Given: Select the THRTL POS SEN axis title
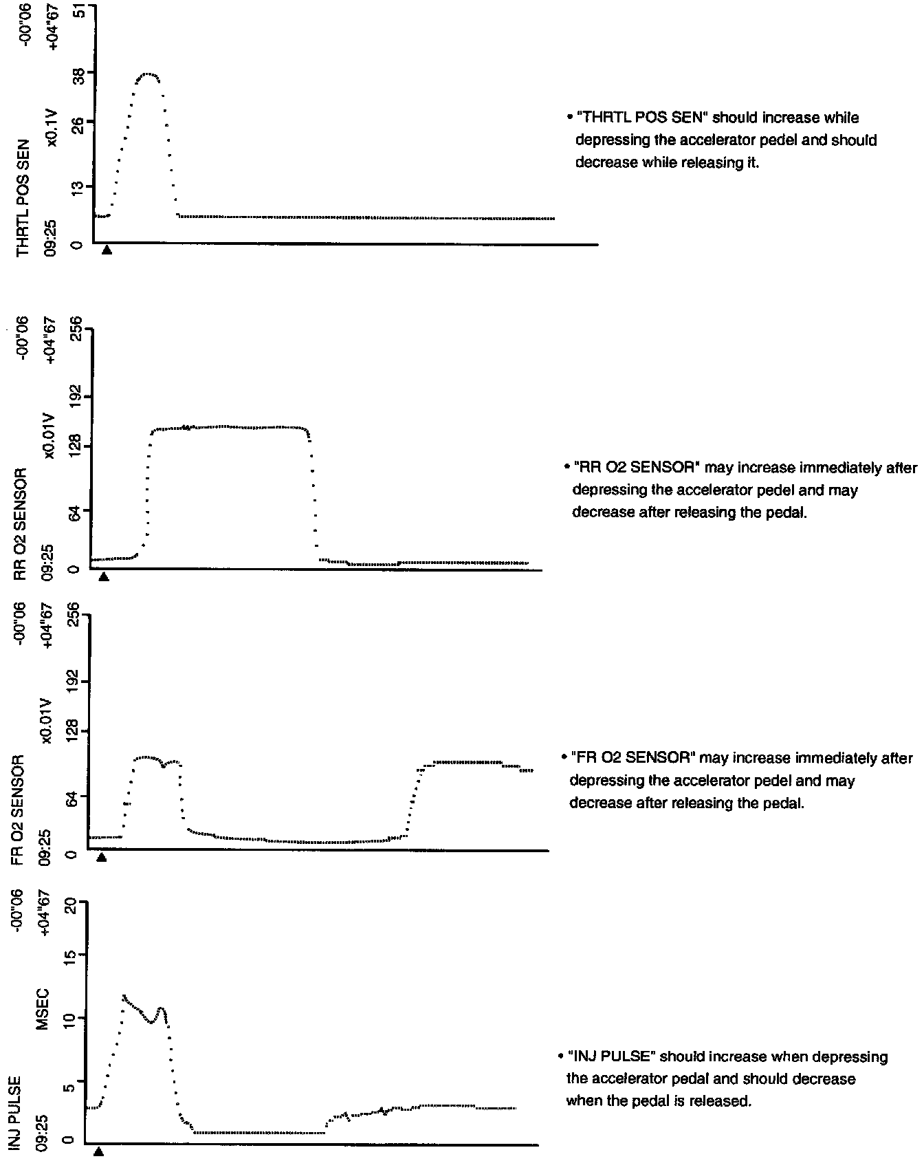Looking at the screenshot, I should tap(23, 198).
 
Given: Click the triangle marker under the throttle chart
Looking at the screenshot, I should tap(107, 250).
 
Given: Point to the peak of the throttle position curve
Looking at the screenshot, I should tap(148, 74).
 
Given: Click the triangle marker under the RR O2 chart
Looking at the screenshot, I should tap(104, 576).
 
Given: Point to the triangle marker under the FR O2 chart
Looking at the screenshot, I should tap(101, 857).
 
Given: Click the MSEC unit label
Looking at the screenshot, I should tap(43, 1008).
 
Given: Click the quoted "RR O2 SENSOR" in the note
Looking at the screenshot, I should tap(636, 468).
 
